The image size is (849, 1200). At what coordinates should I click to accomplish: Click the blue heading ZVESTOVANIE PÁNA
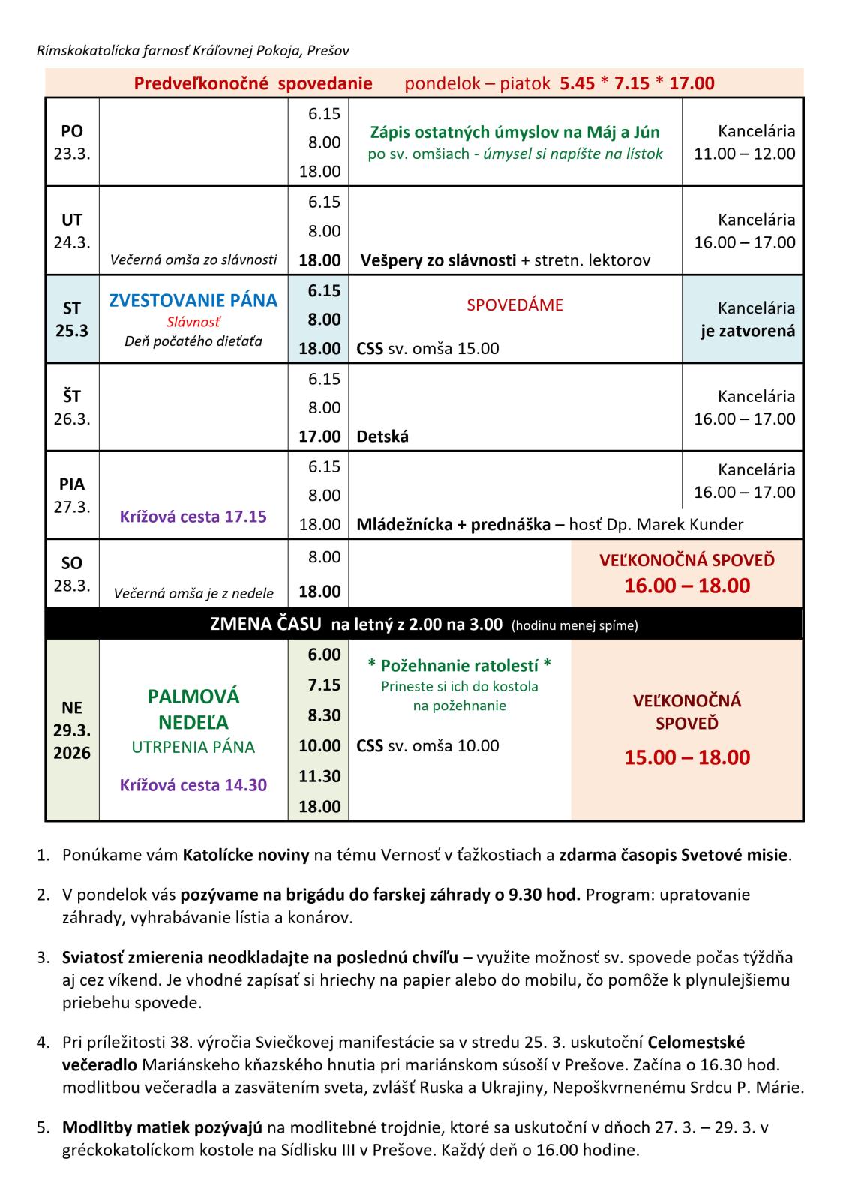pos(193,300)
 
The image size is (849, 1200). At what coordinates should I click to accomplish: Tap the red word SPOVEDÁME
pos(514,305)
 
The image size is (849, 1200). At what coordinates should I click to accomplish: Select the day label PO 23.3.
pos(72,142)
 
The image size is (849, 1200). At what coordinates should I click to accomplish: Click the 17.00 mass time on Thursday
pos(319,436)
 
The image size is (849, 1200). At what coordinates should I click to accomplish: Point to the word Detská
pos(382,436)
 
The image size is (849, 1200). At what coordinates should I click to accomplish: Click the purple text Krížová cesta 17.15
pos(193,516)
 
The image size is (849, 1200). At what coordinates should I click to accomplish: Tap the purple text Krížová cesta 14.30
pos(193,785)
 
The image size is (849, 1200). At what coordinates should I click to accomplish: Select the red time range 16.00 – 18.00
pos(687,586)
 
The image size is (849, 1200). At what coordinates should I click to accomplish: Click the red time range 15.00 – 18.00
pos(687,757)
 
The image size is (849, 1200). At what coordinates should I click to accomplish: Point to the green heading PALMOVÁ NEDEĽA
pos(193,709)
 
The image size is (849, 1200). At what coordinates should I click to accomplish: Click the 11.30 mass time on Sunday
pos(319,776)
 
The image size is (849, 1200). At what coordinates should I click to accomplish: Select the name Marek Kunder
pos(689,524)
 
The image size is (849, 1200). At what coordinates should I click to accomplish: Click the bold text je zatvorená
pos(748,331)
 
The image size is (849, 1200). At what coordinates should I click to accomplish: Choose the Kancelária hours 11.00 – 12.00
pos(744,154)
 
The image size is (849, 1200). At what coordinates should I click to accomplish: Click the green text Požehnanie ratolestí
pos(459,665)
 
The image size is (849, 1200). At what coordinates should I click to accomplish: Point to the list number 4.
pos(43,1042)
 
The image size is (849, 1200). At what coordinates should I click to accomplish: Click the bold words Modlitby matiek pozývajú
pos(162,1127)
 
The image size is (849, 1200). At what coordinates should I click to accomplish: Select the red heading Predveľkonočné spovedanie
pos(253,83)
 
